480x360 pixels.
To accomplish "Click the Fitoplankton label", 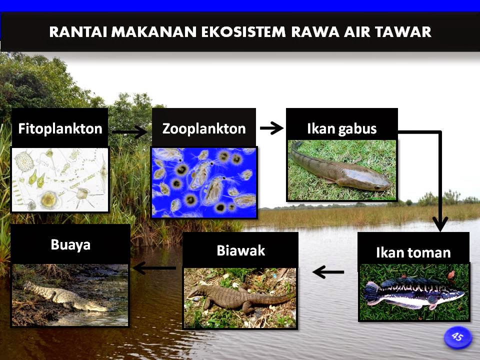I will coord(60,129).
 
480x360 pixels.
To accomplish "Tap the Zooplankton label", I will coord(204,129).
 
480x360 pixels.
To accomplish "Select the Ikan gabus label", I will coord(341,129).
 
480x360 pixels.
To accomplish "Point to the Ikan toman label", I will coord(413,252).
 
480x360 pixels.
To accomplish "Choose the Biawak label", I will coord(240,250).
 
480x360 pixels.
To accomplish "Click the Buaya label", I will coord(70,245).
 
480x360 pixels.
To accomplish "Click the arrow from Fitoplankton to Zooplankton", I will coord(129,132).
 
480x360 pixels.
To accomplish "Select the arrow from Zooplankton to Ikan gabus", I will coord(271,128).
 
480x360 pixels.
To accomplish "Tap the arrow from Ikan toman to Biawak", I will coord(328,272).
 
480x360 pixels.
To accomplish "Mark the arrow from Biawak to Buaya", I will coord(154,268).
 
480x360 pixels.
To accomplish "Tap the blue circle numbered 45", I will coord(457,337).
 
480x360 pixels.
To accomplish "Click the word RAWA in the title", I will coord(326,32).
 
